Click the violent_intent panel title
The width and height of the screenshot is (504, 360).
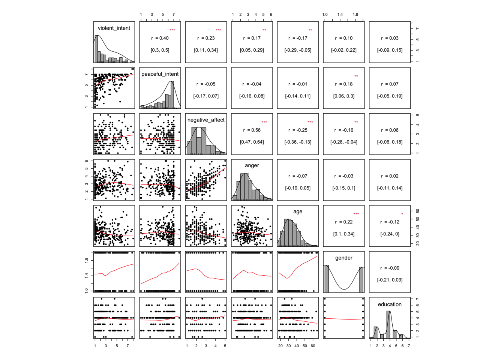point(114,28)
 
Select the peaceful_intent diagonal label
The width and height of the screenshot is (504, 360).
point(160,74)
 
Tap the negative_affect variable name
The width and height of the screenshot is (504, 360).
point(206,120)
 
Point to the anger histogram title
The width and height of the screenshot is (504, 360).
point(252,165)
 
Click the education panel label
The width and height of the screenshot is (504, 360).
point(390,304)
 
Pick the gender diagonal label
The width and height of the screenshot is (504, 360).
point(343,258)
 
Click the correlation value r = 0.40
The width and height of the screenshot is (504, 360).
point(160,38)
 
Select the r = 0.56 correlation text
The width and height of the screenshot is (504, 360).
point(252,130)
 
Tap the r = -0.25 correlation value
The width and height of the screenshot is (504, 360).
point(298,130)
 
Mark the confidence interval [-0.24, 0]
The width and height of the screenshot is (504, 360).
point(390,234)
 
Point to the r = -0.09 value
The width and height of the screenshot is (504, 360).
point(390,268)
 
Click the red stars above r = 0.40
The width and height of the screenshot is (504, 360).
point(172,30)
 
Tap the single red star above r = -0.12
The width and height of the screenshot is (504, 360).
point(402,214)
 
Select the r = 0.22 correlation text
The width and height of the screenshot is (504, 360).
point(343,222)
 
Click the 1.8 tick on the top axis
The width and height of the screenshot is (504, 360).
point(355,15)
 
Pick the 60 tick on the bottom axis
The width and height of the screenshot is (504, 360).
point(313,346)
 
